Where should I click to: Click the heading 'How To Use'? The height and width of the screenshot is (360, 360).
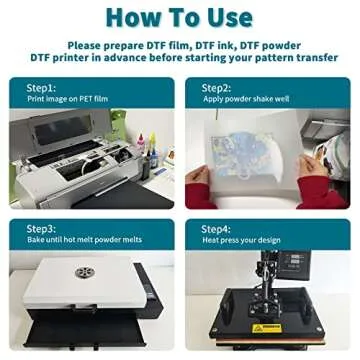pos(179,18)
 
